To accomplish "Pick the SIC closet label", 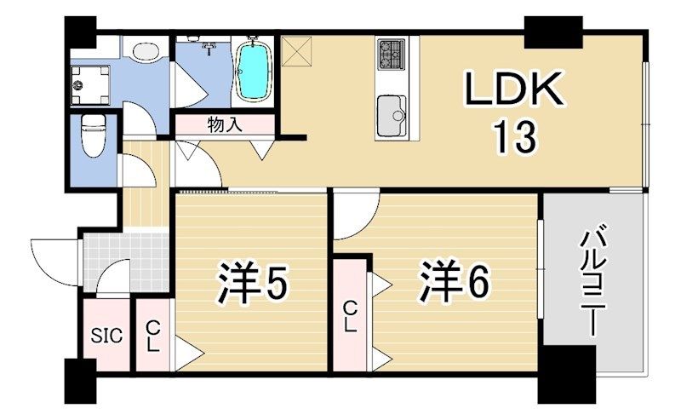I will (107, 335).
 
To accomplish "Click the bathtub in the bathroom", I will (252, 71).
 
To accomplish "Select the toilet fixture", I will (91, 135).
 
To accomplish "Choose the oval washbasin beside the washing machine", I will (146, 51).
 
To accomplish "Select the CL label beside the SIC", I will (152, 335).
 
